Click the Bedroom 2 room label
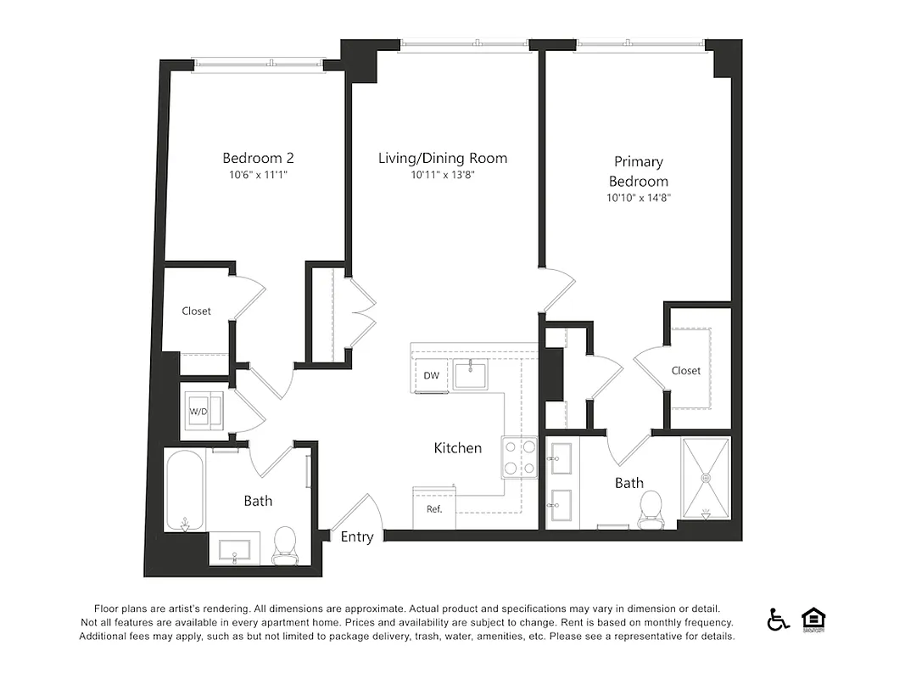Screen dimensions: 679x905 pos(258,158)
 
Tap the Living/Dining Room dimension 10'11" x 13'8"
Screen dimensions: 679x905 pos(442,176)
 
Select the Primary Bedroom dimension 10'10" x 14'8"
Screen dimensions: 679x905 pos(639,199)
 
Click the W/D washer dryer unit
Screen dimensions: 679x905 pos(201,411)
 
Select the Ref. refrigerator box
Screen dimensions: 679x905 pos(433,508)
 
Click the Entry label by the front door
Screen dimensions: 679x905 pos(356,536)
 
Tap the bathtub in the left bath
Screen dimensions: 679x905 pos(184,491)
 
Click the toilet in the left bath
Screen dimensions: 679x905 pos(284,546)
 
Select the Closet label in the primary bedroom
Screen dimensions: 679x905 pos(686,371)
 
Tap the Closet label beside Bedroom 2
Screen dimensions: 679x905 pos(196,311)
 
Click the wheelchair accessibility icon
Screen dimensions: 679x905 pos(778,620)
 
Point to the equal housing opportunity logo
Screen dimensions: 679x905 pos(813,620)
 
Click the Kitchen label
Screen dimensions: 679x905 pos(458,448)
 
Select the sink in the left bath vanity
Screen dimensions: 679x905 pos(233,549)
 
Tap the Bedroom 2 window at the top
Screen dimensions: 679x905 pos(259,64)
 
